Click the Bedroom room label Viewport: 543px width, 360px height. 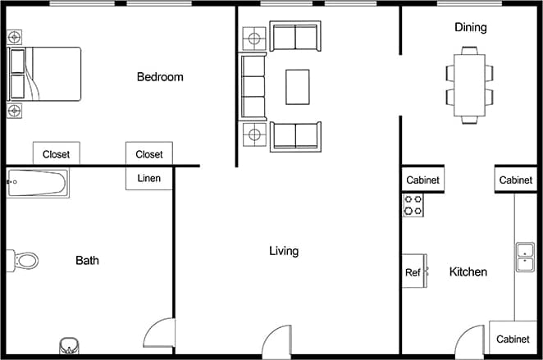[x=160, y=77]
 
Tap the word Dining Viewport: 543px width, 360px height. [x=470, y=27]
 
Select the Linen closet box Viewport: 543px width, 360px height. [x=149, y=178]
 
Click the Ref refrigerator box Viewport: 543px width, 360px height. [x=413, y=272]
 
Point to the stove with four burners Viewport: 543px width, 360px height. [x=413, y=205]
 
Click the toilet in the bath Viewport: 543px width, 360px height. [x=24, y=261]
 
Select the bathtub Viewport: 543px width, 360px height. [x=38, y=183]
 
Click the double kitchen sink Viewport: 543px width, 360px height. [x=524, y=257]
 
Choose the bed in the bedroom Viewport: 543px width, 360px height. [x=44, y=74]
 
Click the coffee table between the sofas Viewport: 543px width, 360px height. [x=297, y=87]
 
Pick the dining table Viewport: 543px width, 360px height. [x=470, y=85]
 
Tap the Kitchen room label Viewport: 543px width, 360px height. [x=468, y=272]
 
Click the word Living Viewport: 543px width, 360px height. [x=284, y=251]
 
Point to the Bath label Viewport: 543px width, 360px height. [x=88, y=261]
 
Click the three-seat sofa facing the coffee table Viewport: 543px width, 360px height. [x=253, y=86]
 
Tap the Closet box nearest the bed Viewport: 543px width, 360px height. [x=56, y=153]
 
